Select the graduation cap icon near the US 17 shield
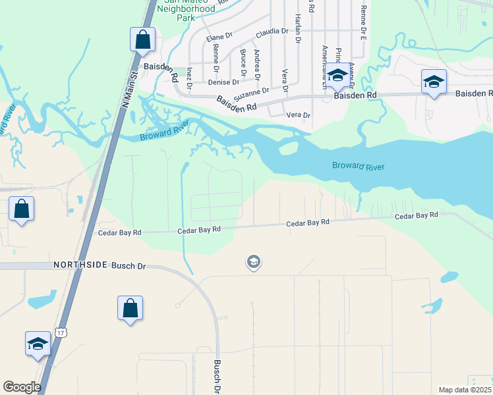[38, 344]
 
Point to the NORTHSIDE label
[80, 265]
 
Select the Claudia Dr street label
[272, 31]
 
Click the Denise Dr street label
[223, 82]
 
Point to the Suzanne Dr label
[252, 92]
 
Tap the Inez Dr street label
[189, 77]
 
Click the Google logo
[22, 387]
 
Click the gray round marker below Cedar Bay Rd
[252, 263]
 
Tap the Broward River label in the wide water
[358, 165]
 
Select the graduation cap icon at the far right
[434, 82]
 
